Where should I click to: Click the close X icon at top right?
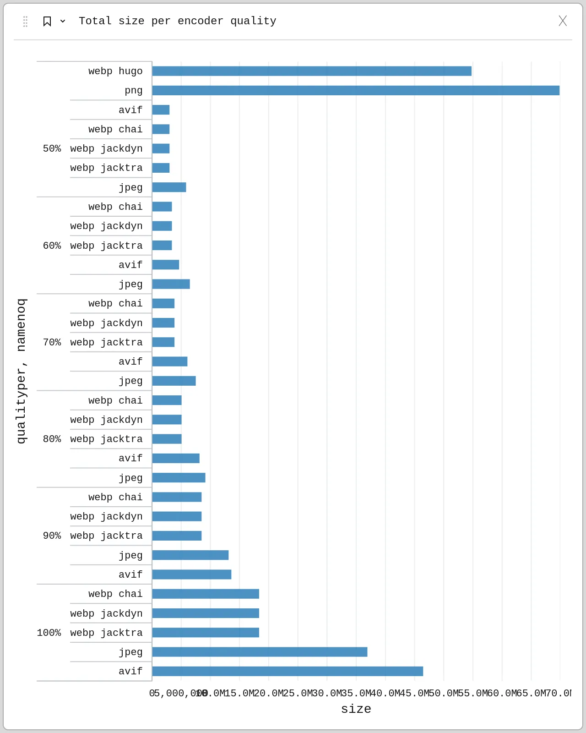click(563, 21)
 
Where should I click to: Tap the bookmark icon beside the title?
click(47, 21)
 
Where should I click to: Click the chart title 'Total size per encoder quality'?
click(177, 21)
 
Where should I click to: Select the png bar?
click(355, 90)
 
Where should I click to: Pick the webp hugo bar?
click(311, 71)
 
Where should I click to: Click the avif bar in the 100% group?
click(287, 671)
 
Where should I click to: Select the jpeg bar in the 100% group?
click(259, 652)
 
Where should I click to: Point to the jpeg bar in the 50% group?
click(169, 187)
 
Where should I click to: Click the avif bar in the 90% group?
click(191, 574)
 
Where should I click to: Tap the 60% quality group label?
click(52, 246)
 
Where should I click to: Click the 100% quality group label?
click(49, 633)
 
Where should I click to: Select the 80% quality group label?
click(52, 439)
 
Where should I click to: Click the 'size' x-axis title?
click(356, 709)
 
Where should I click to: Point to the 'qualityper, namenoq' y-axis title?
click(21, 371)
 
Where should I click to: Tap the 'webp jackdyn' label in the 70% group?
click(106, 323)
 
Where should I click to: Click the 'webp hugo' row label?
click(115, 71)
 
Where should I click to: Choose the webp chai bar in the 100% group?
click(205, 594)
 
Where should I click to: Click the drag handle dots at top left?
click(25, 21)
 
